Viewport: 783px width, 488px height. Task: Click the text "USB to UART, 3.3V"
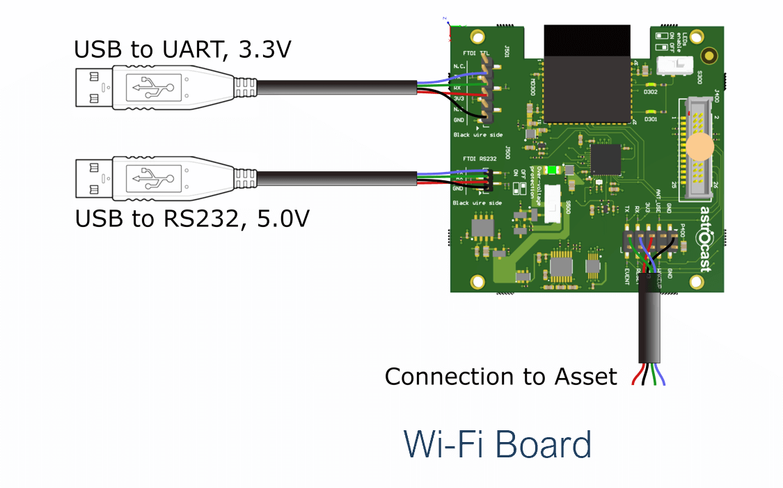coord(182,49)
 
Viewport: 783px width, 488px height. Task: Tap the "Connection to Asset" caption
coord(500,377)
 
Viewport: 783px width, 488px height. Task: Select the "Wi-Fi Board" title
coord(498,443)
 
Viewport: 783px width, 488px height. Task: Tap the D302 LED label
coord(651,92)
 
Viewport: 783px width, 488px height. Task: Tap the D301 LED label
coord(651,119)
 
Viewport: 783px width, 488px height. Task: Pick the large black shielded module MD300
coord(586,73)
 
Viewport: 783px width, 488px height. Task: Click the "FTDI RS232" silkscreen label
coord(478,159)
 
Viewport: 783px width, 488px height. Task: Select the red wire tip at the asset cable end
coord(634,379)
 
